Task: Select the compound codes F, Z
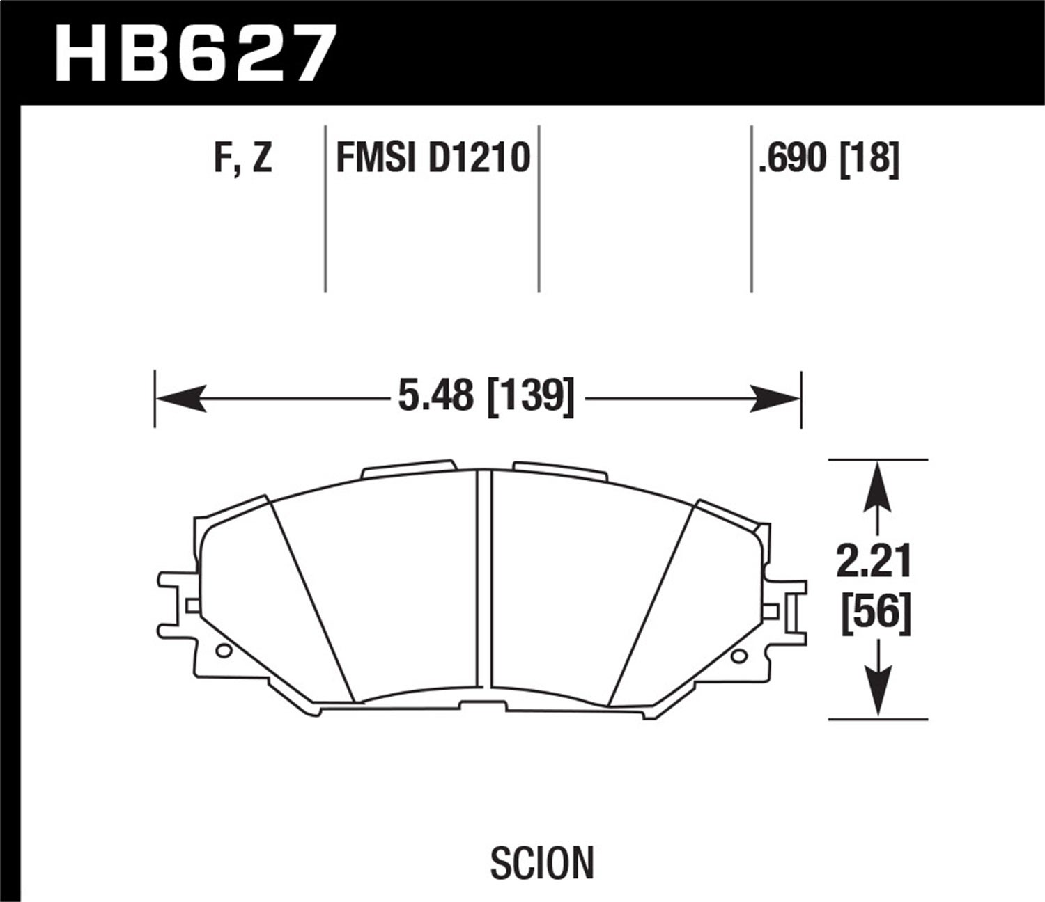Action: point(243,159)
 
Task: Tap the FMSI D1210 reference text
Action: point(433,159)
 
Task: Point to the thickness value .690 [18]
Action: point(829,159)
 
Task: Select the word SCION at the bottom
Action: point(542,862)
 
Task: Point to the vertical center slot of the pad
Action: point(485,585)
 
